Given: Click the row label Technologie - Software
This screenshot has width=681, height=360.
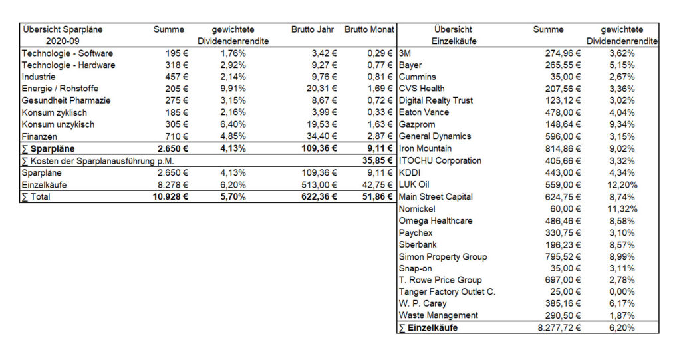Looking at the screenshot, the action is tap(67, 53).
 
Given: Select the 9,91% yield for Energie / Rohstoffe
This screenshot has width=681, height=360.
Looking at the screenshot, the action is tap(233, 89).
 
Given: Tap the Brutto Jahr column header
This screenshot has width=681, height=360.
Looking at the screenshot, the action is tap(313, 29).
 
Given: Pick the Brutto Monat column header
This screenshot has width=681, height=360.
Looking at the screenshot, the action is tap(369, 29).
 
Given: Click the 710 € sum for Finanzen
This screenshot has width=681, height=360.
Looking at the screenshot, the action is tap(176, 136).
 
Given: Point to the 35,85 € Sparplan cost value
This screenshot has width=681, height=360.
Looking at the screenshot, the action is tap(378, 161).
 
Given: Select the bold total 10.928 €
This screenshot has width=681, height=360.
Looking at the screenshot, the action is tap(170, 197).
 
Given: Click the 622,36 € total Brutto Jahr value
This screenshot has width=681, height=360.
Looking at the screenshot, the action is tap(319, 197).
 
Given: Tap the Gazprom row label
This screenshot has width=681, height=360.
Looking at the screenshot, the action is tap(417, 125).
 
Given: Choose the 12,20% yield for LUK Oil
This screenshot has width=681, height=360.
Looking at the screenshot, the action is tap(622, 185).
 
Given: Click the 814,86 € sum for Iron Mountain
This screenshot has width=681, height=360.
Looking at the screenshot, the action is tap(563, 148).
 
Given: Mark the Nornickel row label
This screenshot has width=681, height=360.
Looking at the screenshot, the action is tap(417, 209).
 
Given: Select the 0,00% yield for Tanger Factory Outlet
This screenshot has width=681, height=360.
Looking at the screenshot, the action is tap(622, 291).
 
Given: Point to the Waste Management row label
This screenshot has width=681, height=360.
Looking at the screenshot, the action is tap(438, 315).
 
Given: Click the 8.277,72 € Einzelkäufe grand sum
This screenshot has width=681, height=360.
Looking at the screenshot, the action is tap(559, 328).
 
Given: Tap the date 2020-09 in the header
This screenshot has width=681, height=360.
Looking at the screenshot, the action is tap(63, 41).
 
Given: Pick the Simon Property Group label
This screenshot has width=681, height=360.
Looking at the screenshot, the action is tap(443, 256).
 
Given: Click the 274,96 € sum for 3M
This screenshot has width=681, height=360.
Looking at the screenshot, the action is tap(563, 53).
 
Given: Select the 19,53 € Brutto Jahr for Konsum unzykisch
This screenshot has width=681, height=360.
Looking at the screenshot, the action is tap(322, 125).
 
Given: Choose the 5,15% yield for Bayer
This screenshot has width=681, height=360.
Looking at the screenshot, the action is tap(622, 65).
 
